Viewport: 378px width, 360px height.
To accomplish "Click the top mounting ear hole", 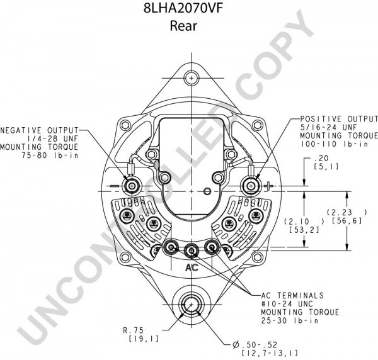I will pyautogui.click(x=190, y=79).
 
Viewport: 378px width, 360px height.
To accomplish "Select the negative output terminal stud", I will pyautogui.click(x=132, y=186).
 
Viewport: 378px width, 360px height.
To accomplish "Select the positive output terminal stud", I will pyautogui.click(x=251, y=186).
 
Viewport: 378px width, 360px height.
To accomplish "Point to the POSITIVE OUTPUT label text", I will pyautogui.click(x=338, y=119).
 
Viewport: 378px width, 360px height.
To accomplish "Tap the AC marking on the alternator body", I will pyautogui.click(x=191, y=267).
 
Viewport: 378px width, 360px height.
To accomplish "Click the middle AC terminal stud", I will pyautogui.click(x=191, y=250).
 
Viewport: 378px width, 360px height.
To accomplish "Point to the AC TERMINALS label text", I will pyautogui.click(x=294, y=295).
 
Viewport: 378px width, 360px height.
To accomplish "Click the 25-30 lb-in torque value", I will pyautogui.click(x=291, y=320).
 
